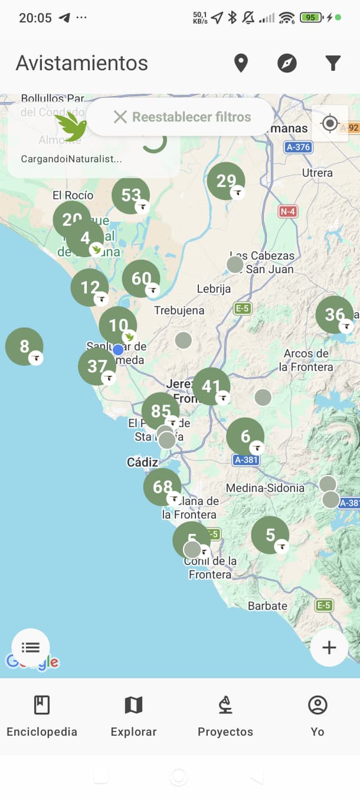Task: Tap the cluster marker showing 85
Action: tap(161, 411)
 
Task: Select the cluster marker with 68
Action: tap(162, 487)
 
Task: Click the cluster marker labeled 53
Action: tap(130, 195)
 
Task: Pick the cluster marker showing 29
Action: tap(226, 181)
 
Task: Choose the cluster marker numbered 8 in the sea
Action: tap(24, 346)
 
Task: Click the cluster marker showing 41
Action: tap(211, 386)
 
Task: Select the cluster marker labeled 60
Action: tap(141, 278)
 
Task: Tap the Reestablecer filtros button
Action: tap(182, 117)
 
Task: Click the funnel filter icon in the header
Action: tap(333, 63)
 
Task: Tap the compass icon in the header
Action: tap(287, 63)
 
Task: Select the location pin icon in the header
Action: tap(241, 63)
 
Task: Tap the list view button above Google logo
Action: tap(31, 647)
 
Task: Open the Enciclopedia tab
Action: tap(42, 716)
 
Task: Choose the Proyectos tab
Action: tap(225, 716)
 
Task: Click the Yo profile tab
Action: tap(318, 716)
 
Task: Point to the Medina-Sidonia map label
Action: tap(266, 488)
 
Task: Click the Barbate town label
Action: tap(267, 606)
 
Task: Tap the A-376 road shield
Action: tap(298, 147)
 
